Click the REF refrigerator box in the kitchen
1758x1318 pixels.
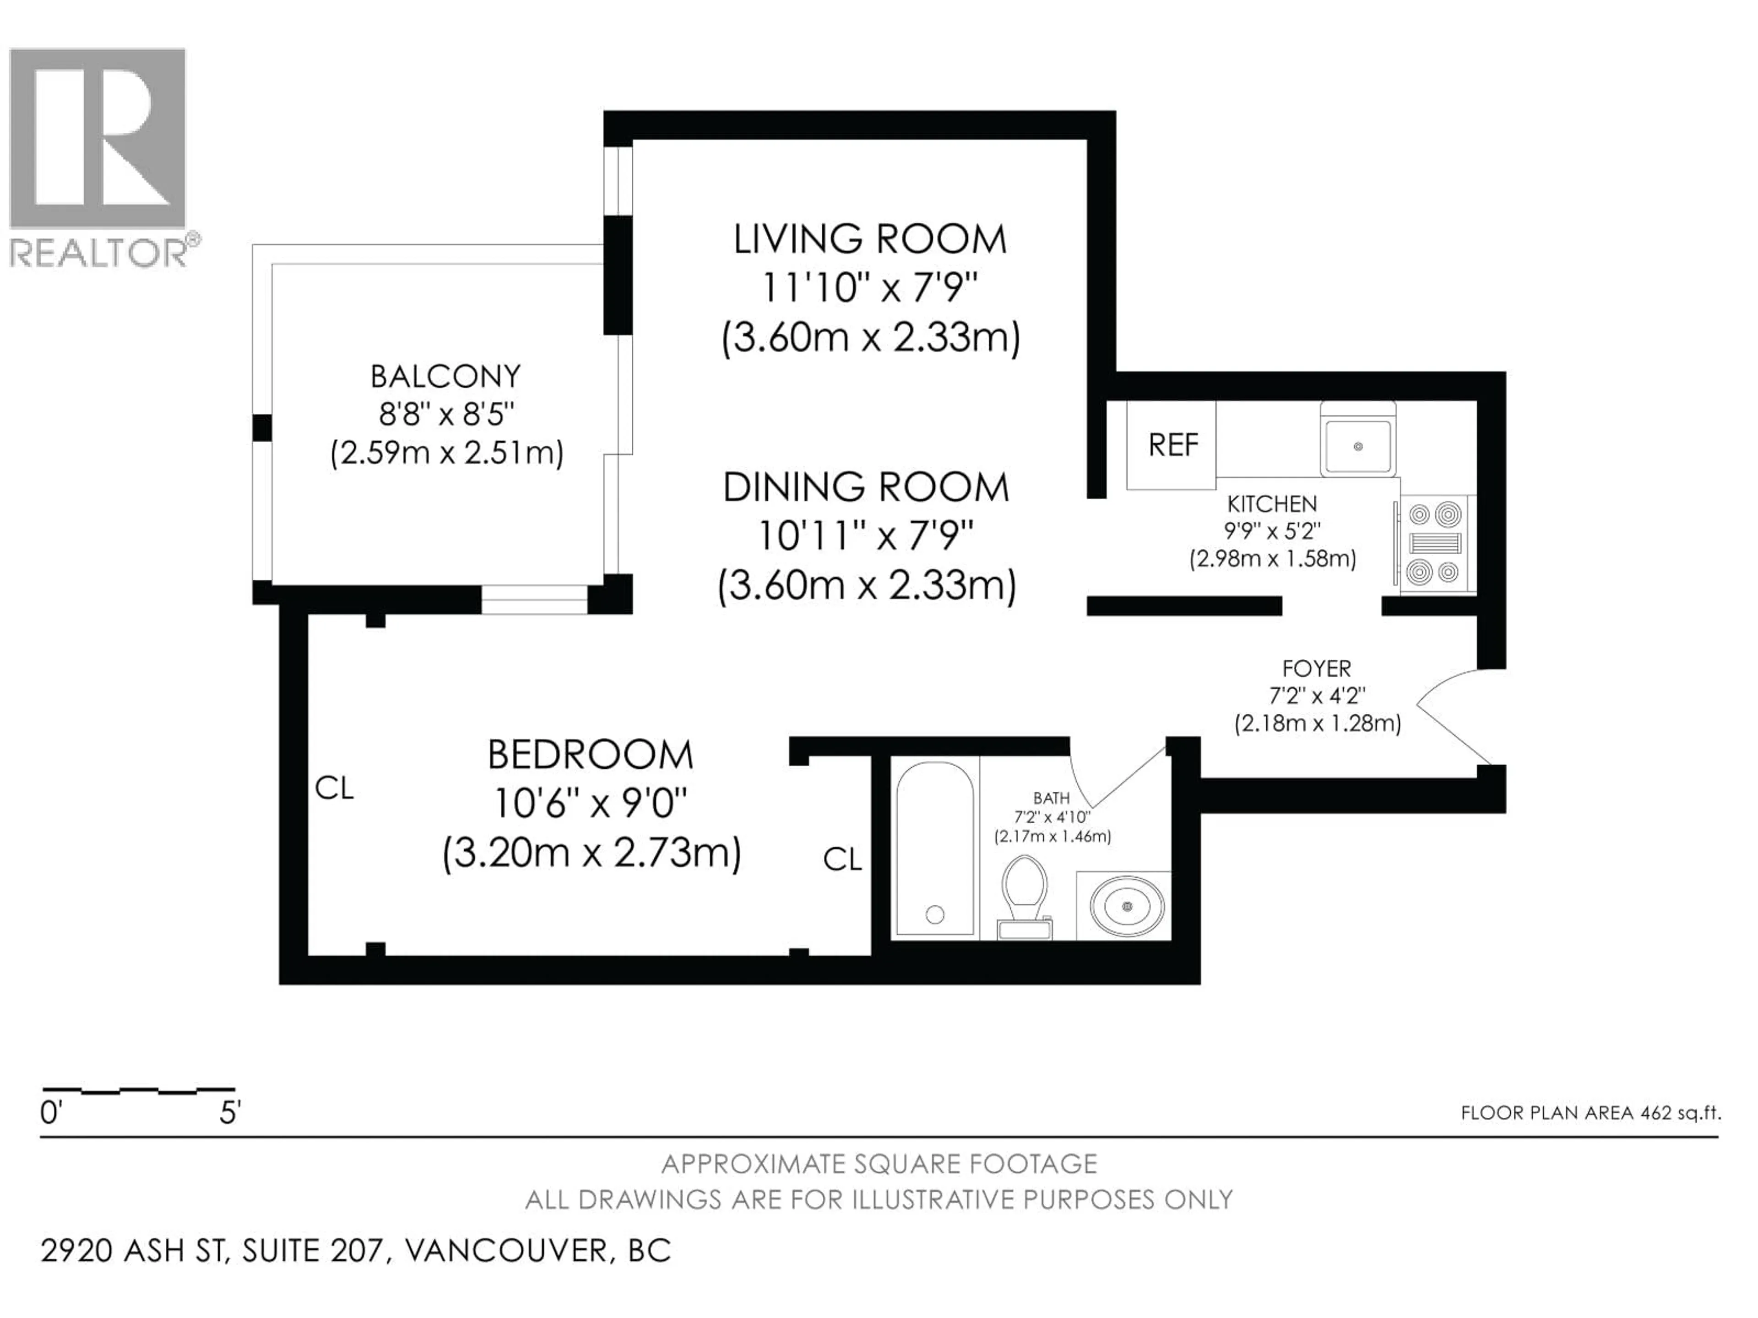(1171, 445)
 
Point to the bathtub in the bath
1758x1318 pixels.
(935, 848)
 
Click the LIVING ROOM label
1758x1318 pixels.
(869, 239)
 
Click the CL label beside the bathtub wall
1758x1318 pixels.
(841, 859)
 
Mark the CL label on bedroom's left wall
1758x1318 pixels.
(334, 788)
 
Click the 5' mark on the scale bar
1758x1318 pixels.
(230, 1114)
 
